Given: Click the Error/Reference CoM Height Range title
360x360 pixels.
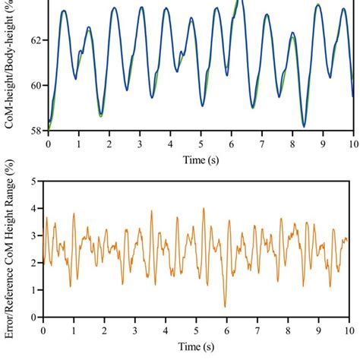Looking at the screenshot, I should pyautogui.click(x=11, y=251).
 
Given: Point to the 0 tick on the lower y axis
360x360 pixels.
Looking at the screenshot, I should pyautogui.click(x=35, y=317).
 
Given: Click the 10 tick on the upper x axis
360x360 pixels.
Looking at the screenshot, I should pyautogui.click(x=352, y=143).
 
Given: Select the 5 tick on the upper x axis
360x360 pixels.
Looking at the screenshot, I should pyautogui.click(x=201, y=143).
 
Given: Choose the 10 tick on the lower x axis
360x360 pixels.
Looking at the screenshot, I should pyautogui.click(x=348, y=330).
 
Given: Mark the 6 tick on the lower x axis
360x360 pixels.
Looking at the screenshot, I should pyautogui.click(x=226, y=330).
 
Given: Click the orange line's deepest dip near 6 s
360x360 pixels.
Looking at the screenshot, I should pyautogui.click(x=224, y=306).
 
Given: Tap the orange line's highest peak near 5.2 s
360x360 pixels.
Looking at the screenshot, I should pyautogui.click(x=203, y=209).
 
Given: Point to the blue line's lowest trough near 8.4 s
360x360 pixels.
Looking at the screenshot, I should pyautogui.click(x=304, y=126).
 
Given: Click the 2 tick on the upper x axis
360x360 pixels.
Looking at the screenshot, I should pyautogui.click(x=109, y=143).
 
